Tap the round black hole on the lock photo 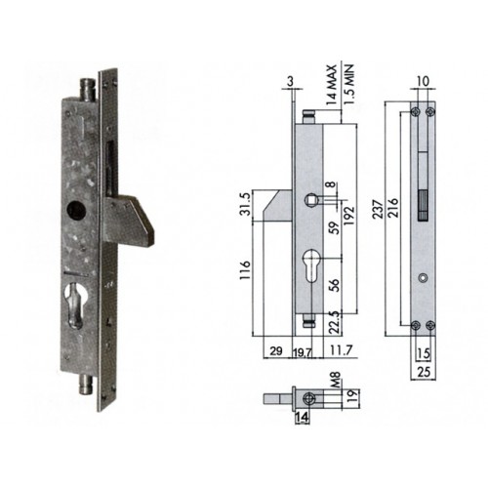(x=76, y=211)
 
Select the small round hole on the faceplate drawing (x=421, y=278)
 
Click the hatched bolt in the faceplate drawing (x=423, y=206)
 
